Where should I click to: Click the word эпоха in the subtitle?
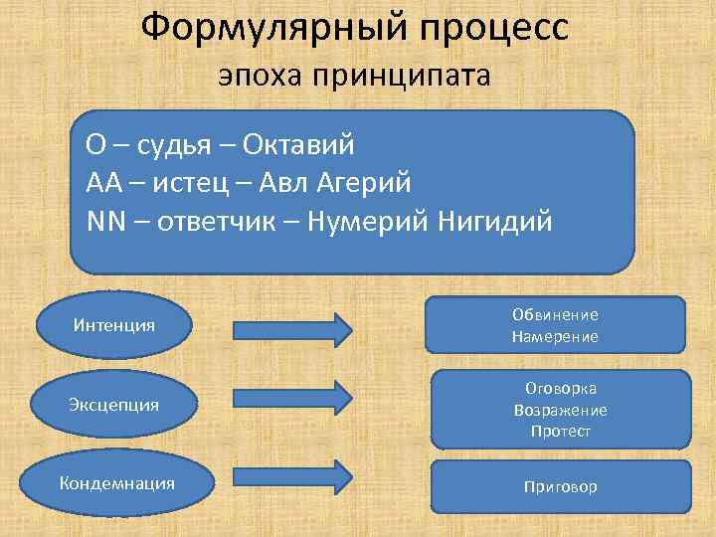(265, 77)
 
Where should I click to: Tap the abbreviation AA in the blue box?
(102, 183)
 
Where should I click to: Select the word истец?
(187, 183)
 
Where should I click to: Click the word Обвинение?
(555, 314)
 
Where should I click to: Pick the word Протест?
(561, 431)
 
